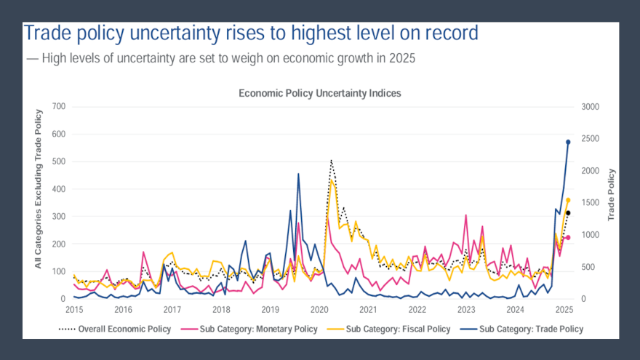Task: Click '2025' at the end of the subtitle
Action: (401, 58)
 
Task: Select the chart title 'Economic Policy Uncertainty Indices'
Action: (319, 94)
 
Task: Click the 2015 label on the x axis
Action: (73, 309)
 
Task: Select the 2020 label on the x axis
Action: (319, 309)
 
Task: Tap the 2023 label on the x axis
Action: (467, 309)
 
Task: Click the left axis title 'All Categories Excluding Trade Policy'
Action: (39, 188)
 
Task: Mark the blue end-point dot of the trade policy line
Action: (568, 142)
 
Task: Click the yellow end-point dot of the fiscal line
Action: (568, 199)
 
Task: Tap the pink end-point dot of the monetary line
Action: (568, 237)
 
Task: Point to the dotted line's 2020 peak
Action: (331, 160)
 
